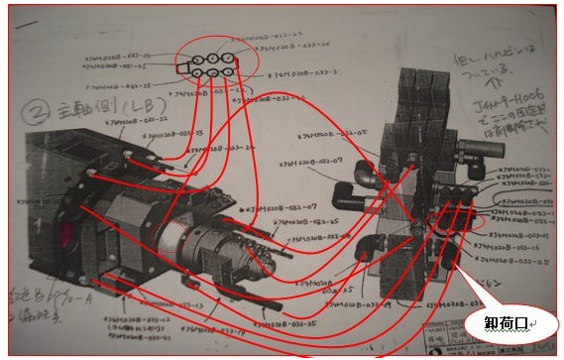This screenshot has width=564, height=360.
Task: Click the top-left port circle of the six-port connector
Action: (x=196, y=55)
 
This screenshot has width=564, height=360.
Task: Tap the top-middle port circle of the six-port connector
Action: (x=212, y=55)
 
